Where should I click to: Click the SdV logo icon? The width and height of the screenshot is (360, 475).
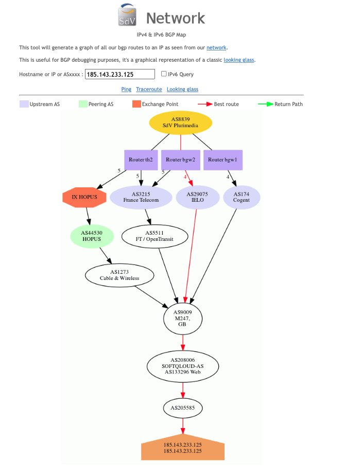(x=127, y=14)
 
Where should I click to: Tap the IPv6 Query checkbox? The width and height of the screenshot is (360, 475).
(x=164, y=74)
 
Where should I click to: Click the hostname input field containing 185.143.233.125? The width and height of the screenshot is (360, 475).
(x=120, y=74)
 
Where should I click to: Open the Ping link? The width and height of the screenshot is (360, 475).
(x=126, y=89)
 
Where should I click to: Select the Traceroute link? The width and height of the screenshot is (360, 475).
(x=149, y=89)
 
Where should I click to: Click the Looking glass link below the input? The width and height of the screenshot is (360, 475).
(x=182, y=89)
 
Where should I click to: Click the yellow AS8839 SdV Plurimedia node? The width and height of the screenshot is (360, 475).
(x=180, y=122)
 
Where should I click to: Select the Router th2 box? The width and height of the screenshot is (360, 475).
(x=141, y=160)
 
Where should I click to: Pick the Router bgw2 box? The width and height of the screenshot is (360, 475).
(x=180, y=160)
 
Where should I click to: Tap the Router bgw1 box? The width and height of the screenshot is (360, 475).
(x=223, y=160)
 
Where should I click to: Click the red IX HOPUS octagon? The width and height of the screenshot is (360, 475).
(x=84, y=197)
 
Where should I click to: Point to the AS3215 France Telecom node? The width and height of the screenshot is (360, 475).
(x=141, y=197)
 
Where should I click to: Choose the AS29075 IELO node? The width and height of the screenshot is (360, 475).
(x=197, y=197)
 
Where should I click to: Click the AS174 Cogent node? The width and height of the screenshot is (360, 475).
(x=242, y=197)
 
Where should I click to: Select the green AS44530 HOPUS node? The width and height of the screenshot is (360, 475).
(x=92, y=236)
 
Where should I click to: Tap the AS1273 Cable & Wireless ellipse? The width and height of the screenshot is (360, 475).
(x=119, y=275)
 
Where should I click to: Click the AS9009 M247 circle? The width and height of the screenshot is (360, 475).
(x=183, y=319)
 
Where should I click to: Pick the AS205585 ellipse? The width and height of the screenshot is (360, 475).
(x=183, y=408)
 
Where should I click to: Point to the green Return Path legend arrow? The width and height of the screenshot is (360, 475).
(x=265, y=104)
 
